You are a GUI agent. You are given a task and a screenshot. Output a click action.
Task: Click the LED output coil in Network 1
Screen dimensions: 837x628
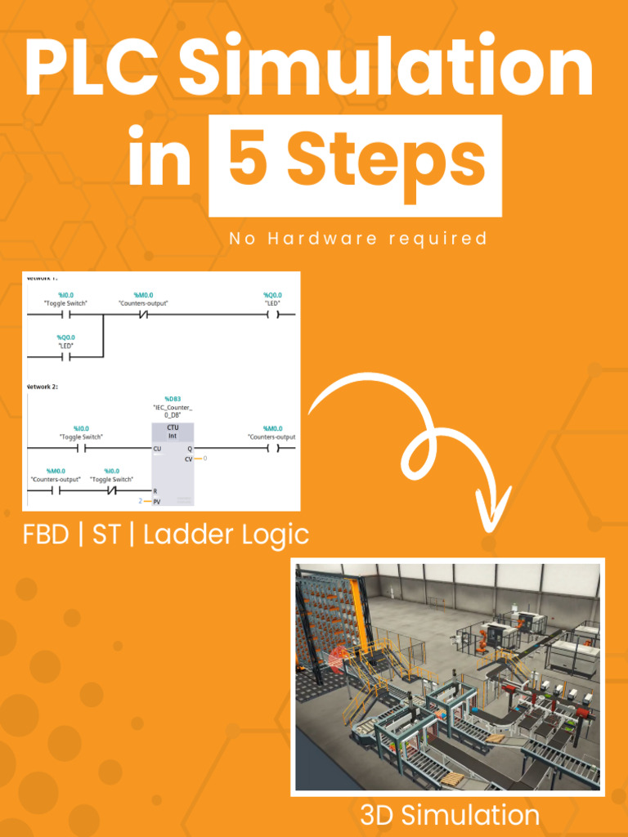coord(273,314)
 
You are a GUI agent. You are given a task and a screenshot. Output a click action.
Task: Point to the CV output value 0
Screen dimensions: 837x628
coord(204,459)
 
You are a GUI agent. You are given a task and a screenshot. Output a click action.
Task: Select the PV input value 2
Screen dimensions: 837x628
coord(140,500)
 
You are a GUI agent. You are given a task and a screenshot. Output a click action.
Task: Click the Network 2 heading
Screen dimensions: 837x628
coord(43,386)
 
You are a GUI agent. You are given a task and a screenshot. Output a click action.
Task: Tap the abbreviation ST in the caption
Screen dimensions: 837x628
coord(106,535)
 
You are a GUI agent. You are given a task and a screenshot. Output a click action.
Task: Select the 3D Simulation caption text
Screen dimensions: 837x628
coord(449,815)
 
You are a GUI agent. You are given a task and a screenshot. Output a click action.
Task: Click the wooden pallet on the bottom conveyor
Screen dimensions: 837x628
coord(496,738)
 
